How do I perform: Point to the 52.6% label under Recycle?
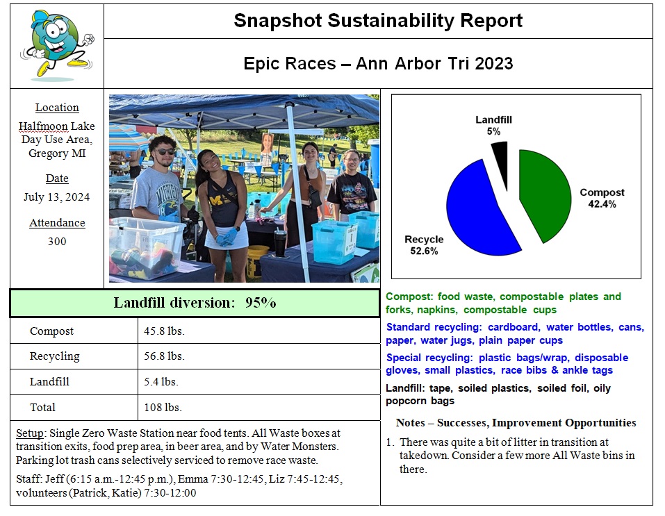pyautogui.click(x=424, y=251)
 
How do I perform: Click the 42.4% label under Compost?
pyautogui.click(x=602, y=204)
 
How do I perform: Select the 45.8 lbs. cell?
pyautogui.click(x=164, y=331)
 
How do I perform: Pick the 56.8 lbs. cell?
pyautogui.click(x=164, y=356)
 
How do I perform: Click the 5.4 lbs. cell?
pyautogui.click(x=161, y=381)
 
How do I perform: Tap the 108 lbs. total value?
pyautogui.click(x=163, y=407)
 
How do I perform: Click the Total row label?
pyautogui.click(x=42, y=407)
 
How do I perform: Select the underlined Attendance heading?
pyautogui.click(x=57, y=223)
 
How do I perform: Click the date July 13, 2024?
pyautogui.click(x=57, y=197)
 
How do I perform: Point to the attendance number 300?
pyautogui.click(x=57, y=241)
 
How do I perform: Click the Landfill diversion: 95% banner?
pyautogui.click(x=195, y=303)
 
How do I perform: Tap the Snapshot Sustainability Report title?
pyautogui.click(x=378, y=21)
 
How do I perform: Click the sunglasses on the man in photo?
pyautogui.click(x=164, y=151)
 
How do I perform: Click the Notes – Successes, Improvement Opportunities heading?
pyautogui.click(x=516, y=423)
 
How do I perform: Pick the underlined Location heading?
pyautogui.click(x=57, y=108)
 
